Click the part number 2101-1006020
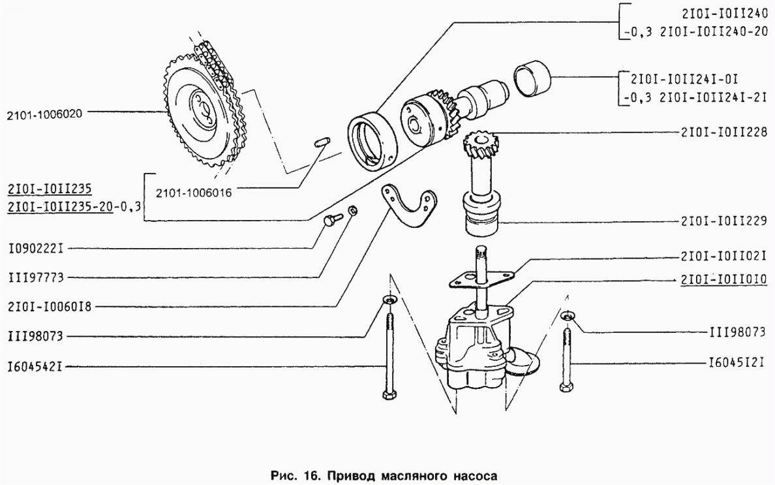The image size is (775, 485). click(x=44, y=115)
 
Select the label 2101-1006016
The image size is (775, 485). click(x=194, y=193)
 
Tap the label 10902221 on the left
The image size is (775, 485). click(x=36, y=248)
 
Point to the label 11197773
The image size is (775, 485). click(x=36, y=278)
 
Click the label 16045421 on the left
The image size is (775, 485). click(x=36, y=368)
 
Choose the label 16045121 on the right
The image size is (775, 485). click(x=737, y=364)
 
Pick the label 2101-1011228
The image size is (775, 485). click(x=723, y=132)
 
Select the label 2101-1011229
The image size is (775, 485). click(x=723, y=221)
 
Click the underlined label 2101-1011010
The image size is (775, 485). click(x=723, y=280)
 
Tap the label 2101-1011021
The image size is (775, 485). click(x=723, y=257)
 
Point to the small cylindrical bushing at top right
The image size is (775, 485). click(x=532, y=78)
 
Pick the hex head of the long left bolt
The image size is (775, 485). click(x=389, y=394)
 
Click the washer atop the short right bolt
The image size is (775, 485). click(x=568, y=315)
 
